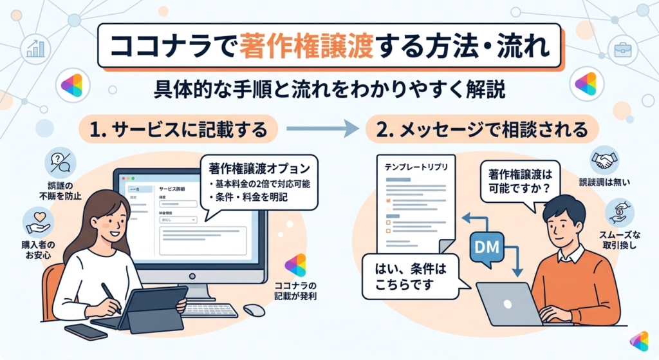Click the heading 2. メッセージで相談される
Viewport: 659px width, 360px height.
[x=476, y=131]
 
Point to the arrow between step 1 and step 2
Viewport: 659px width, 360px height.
[x=322, y=131]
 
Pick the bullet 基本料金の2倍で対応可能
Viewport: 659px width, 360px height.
[x=259, y=184]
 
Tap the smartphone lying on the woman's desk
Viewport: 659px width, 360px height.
[x=86, y=331]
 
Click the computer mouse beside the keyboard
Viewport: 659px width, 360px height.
[x=254, y=310]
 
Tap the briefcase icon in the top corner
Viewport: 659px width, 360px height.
[x=624, y=49]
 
